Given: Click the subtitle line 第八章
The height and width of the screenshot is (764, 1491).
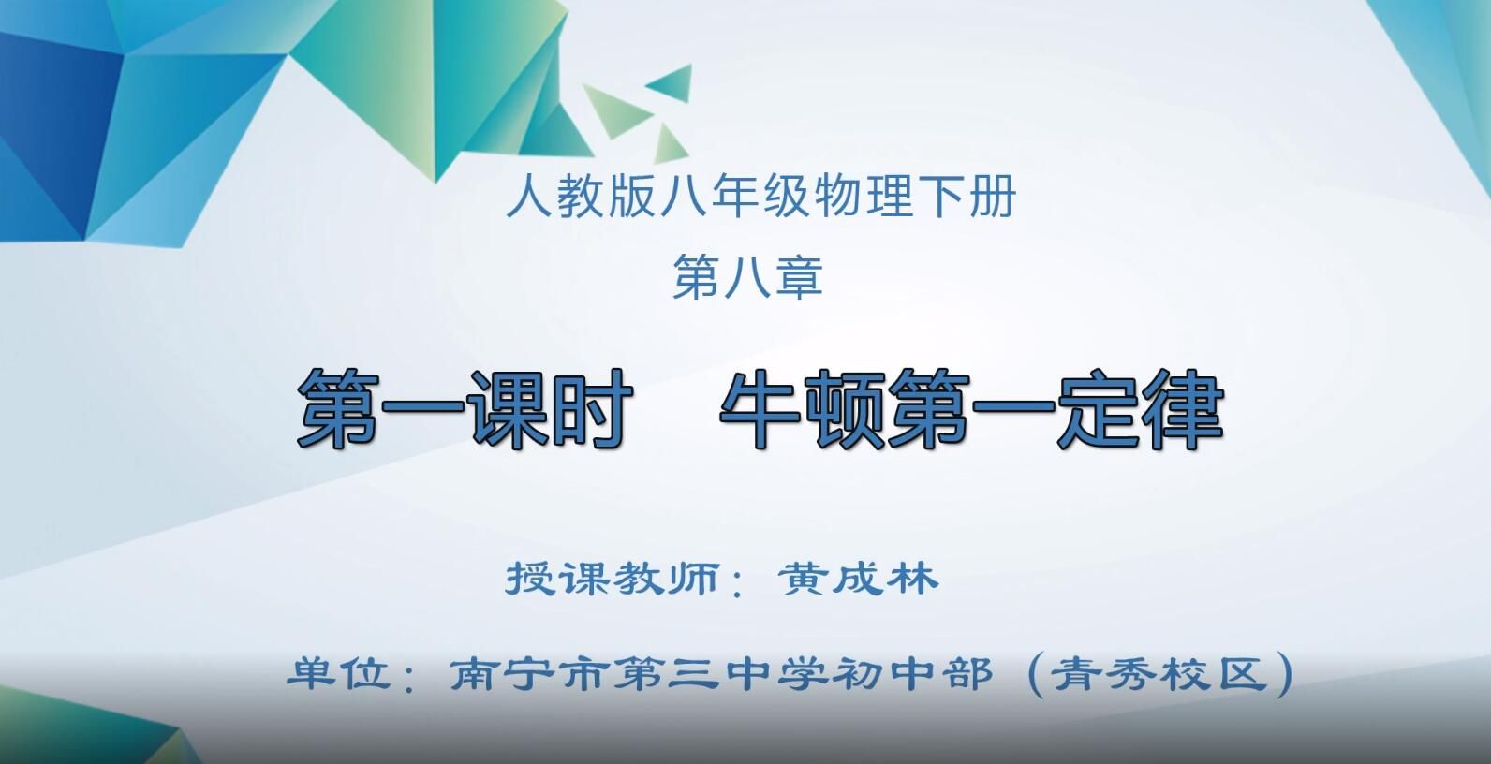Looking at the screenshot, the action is click(x=747, y=276).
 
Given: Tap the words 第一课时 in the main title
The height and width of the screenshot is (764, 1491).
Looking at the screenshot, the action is click(x=464, y=408).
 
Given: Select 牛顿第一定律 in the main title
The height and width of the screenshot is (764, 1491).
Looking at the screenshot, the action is click(x=972, y=408).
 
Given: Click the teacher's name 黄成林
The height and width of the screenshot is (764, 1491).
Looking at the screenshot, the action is click(x=858, y=579).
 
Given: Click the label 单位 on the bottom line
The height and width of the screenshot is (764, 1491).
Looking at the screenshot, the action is click(x=339, y=673).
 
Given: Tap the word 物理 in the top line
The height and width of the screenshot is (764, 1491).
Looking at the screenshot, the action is click(x=863, y=197).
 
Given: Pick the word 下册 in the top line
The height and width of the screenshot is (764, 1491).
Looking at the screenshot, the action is click(x=966, y=197).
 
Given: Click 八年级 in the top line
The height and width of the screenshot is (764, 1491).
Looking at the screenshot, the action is click(x=735, y=197).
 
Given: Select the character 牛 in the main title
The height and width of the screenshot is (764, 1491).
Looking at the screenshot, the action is click(x=760, y=408).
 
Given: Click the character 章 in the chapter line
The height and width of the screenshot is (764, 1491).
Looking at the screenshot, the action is click(x=799, y=276).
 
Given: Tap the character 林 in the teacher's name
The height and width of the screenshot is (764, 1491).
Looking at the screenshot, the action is click(x=913, y=579).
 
